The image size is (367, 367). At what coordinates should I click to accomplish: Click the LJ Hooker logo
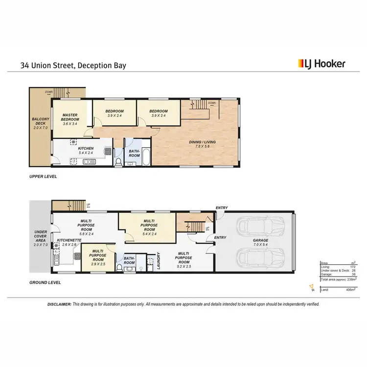coord(321,64)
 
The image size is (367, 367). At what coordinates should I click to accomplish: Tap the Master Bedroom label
coord(70,119)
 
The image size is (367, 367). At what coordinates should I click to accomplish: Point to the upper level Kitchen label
coord(86,150)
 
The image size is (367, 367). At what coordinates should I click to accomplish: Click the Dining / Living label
coord(203,145)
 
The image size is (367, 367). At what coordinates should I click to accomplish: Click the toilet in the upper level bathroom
coord(118,161)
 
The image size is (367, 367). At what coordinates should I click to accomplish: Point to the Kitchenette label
coord(66,243)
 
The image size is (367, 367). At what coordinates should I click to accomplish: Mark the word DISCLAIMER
coord(60,304)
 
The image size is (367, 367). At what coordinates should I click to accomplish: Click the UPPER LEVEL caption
coord(44,177)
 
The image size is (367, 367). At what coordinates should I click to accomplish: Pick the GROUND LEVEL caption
coord(46,282)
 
